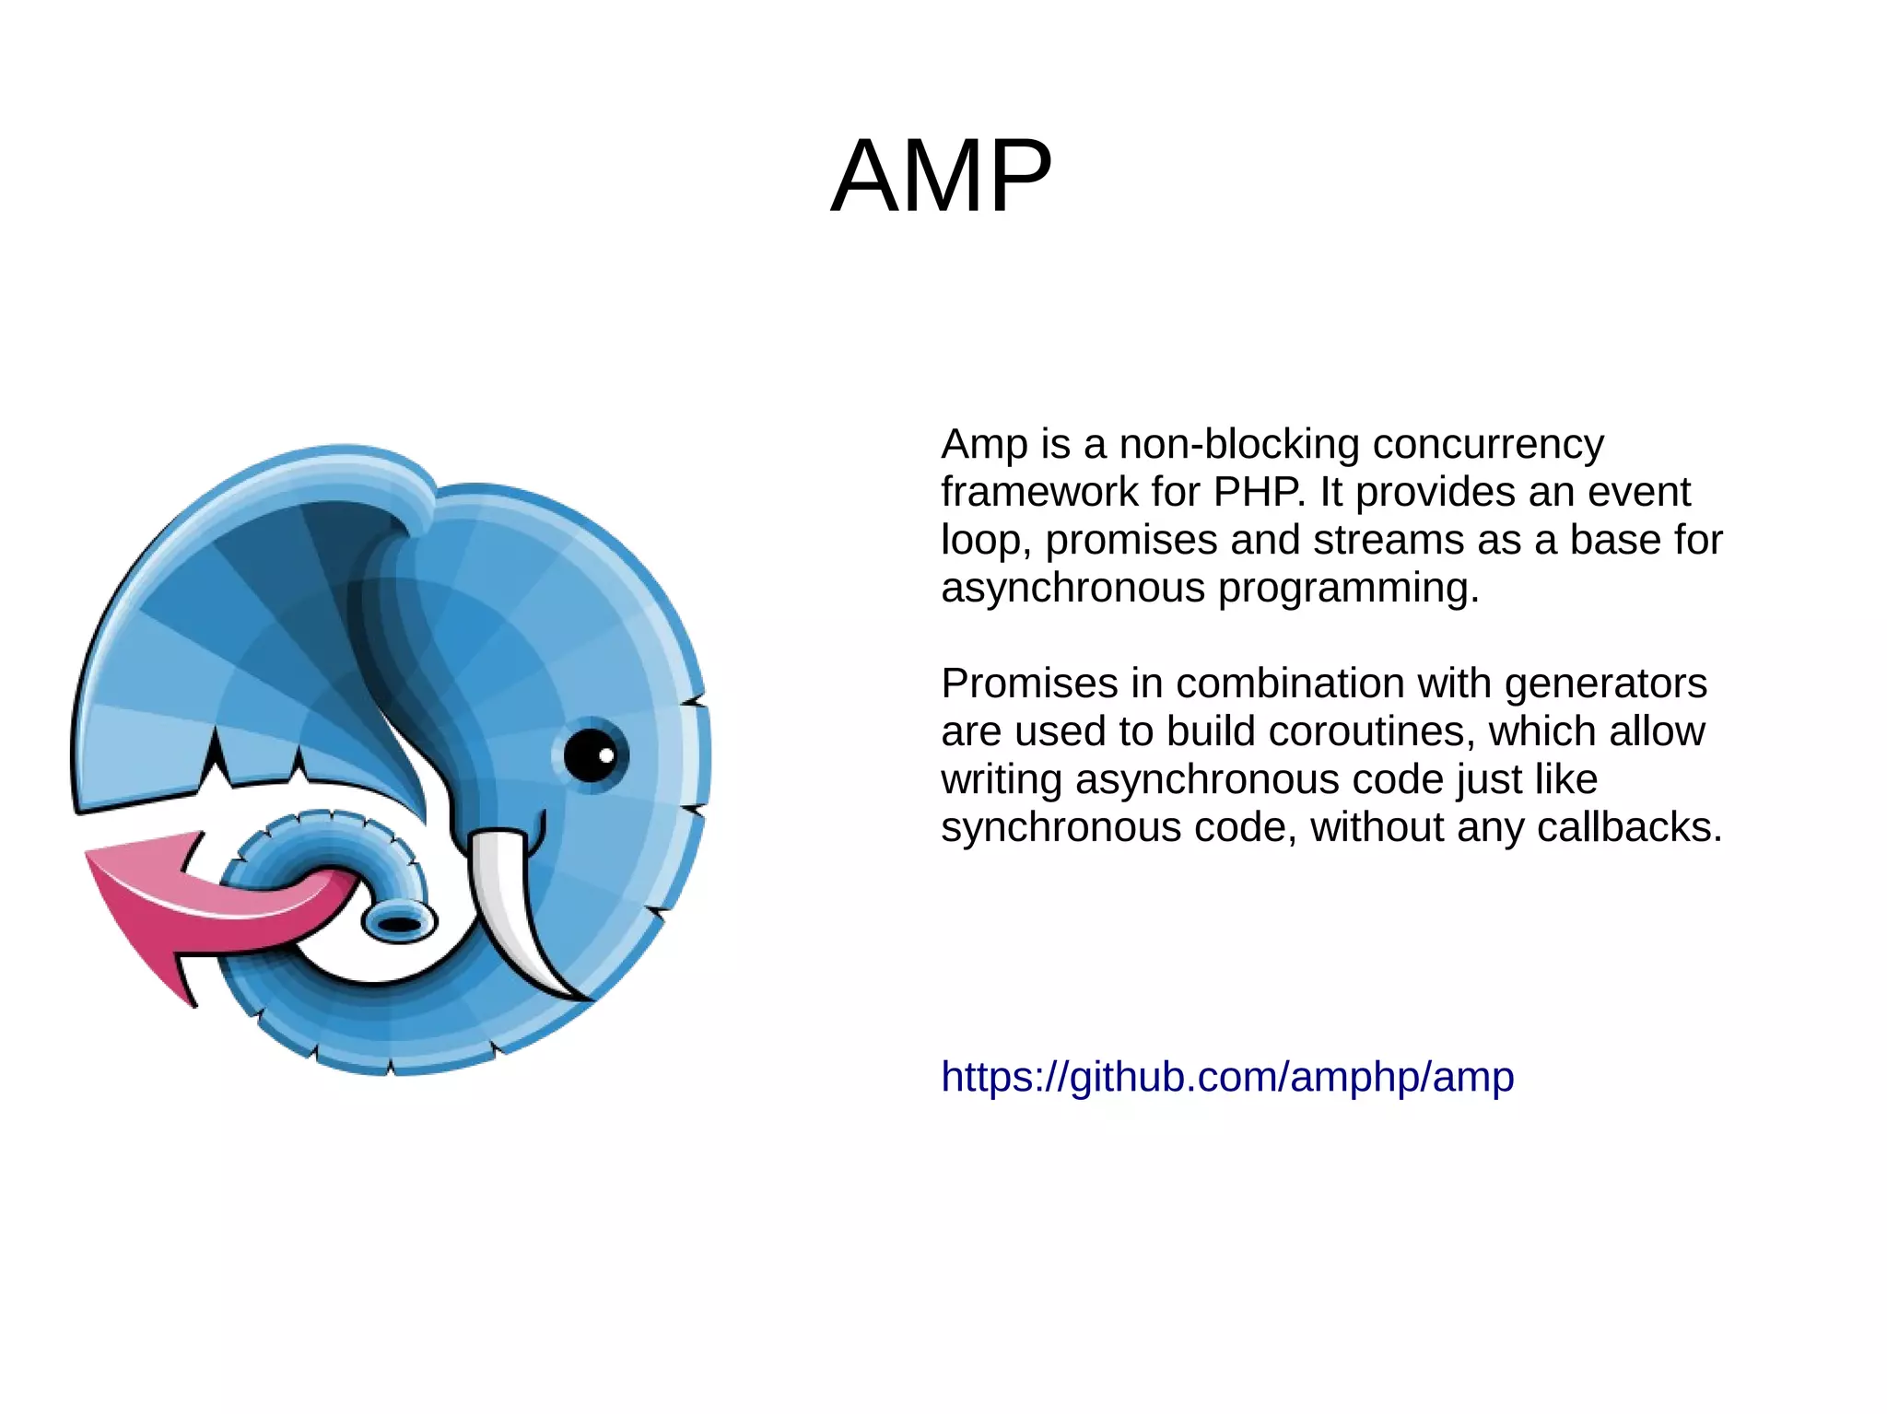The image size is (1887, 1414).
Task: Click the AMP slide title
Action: pyautogui.click(x=941, y=176)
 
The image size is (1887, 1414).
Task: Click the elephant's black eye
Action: pyautogui.click(x=590, y=755)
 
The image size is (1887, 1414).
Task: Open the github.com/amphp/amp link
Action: pyautogui.click(x=1226, y=1077)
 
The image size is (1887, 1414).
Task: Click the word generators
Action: pyautogui.click(x=1605, y=684)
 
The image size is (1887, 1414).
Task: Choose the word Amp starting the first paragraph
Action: pyautogui.click(x=983, y=445)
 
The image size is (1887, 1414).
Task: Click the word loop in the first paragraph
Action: pyautogui.click(x=980, y=541)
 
